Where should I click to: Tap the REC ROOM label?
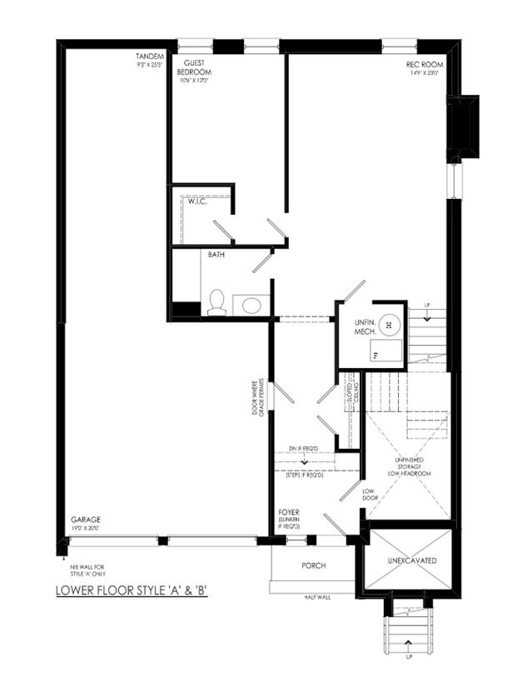point(423,66)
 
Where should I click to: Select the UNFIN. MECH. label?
point(364,326)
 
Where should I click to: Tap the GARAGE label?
point(87,522)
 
